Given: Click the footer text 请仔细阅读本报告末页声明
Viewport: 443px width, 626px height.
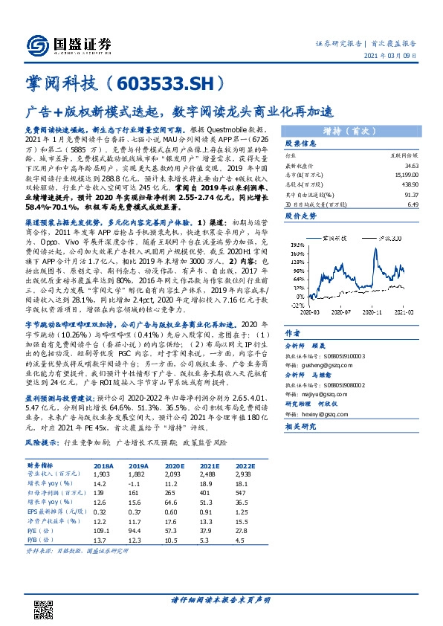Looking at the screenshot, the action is pyautogui.click(x=221, y=600).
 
